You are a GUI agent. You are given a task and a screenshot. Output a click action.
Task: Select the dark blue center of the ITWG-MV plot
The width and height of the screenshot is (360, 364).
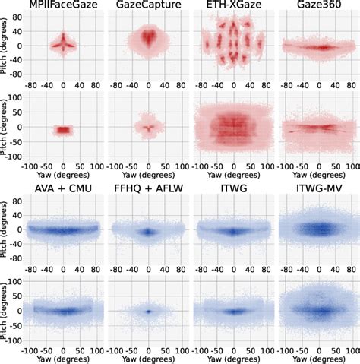coord(318,227)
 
